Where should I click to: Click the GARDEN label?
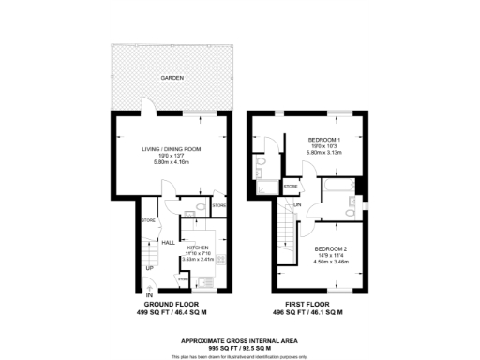tap(171, 78)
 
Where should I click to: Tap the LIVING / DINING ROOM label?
tap(171, 148)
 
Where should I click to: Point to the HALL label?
tap(169, 242)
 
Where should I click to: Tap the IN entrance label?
tap(149, 296)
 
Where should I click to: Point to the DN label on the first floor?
tap(297, 205)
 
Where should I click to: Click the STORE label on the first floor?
tap(291, 187)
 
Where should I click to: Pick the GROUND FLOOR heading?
tap(171, 306)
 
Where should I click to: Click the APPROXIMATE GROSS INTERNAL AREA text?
tap(240, 340)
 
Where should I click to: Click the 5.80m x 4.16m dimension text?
tap(171, 161)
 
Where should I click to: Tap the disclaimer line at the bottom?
tap(240, 355)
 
